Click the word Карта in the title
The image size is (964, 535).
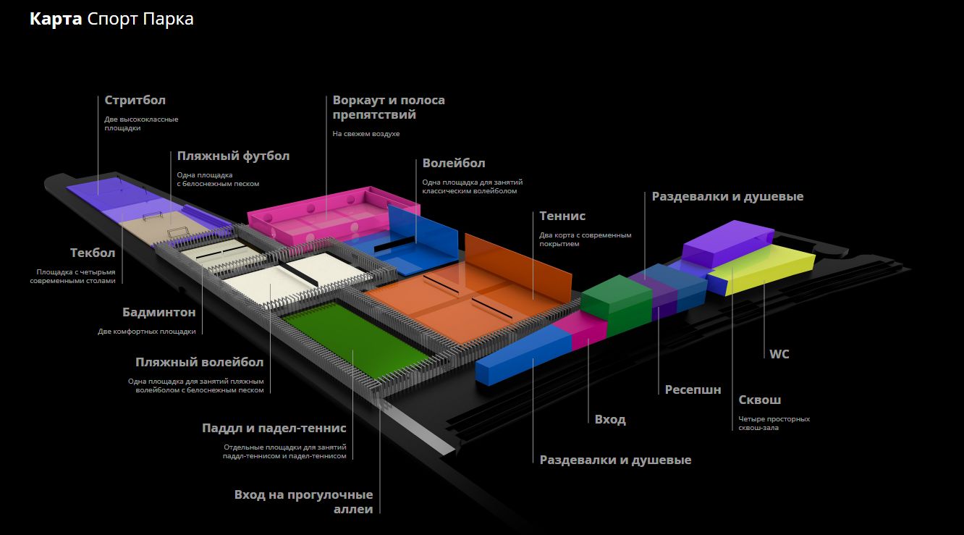tap(55, 20)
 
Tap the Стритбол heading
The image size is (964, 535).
tap(135, 100)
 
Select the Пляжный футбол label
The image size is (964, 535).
tap(233, 156)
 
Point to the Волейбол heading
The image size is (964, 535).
tap(454, 163)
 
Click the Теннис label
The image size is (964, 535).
tap(562, 216)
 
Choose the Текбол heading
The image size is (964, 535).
tap(92, 253)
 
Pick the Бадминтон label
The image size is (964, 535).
tap(158, 312)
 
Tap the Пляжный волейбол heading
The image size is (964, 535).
tap(199, 361)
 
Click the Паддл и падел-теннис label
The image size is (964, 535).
tap(274, 428)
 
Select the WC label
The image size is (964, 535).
tap(779, 354)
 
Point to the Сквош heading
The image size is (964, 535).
tap(759, 400)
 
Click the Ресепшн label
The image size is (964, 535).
tap(693, 389)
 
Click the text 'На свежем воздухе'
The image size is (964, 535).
tap(365, 134)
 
